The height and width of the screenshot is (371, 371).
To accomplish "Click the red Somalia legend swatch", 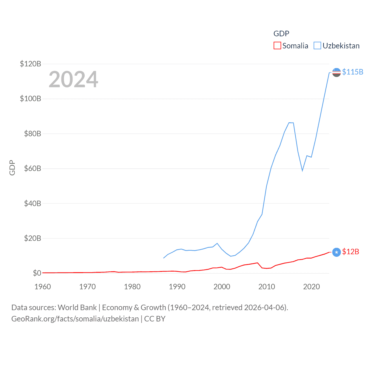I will [277, 46].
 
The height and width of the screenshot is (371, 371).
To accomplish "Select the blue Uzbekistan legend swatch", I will [317, 46].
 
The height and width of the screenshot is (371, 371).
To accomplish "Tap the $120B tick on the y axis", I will [30, 64].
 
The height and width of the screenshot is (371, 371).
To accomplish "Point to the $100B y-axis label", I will [30, 99].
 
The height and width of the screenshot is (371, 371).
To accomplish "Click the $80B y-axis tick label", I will [32, 134].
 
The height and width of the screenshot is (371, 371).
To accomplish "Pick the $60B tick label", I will [32, 168].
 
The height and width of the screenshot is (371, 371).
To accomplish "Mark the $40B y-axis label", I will [32, 203].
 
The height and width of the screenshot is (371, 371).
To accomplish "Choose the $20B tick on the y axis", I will [32, 238].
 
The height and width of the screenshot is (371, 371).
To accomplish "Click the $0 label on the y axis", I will [37, 273].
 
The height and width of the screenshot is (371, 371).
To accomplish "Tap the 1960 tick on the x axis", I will [43, 287].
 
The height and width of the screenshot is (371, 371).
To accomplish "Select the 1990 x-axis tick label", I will [177, 287].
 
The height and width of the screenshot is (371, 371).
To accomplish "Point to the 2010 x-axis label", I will [267, 287].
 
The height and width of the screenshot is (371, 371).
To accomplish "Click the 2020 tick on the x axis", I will [312, 287].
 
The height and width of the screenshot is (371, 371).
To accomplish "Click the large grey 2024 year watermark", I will [73, 79].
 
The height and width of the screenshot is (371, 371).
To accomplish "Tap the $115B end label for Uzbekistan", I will [352, 72].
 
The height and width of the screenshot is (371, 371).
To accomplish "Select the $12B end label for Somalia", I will [350, 252].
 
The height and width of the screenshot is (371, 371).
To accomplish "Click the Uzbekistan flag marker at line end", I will [336, 72].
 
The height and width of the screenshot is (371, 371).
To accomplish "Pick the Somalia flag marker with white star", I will [336, 252].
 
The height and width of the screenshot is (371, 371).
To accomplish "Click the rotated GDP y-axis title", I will [12, 168].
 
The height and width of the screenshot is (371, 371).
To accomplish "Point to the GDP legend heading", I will [281, 34].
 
